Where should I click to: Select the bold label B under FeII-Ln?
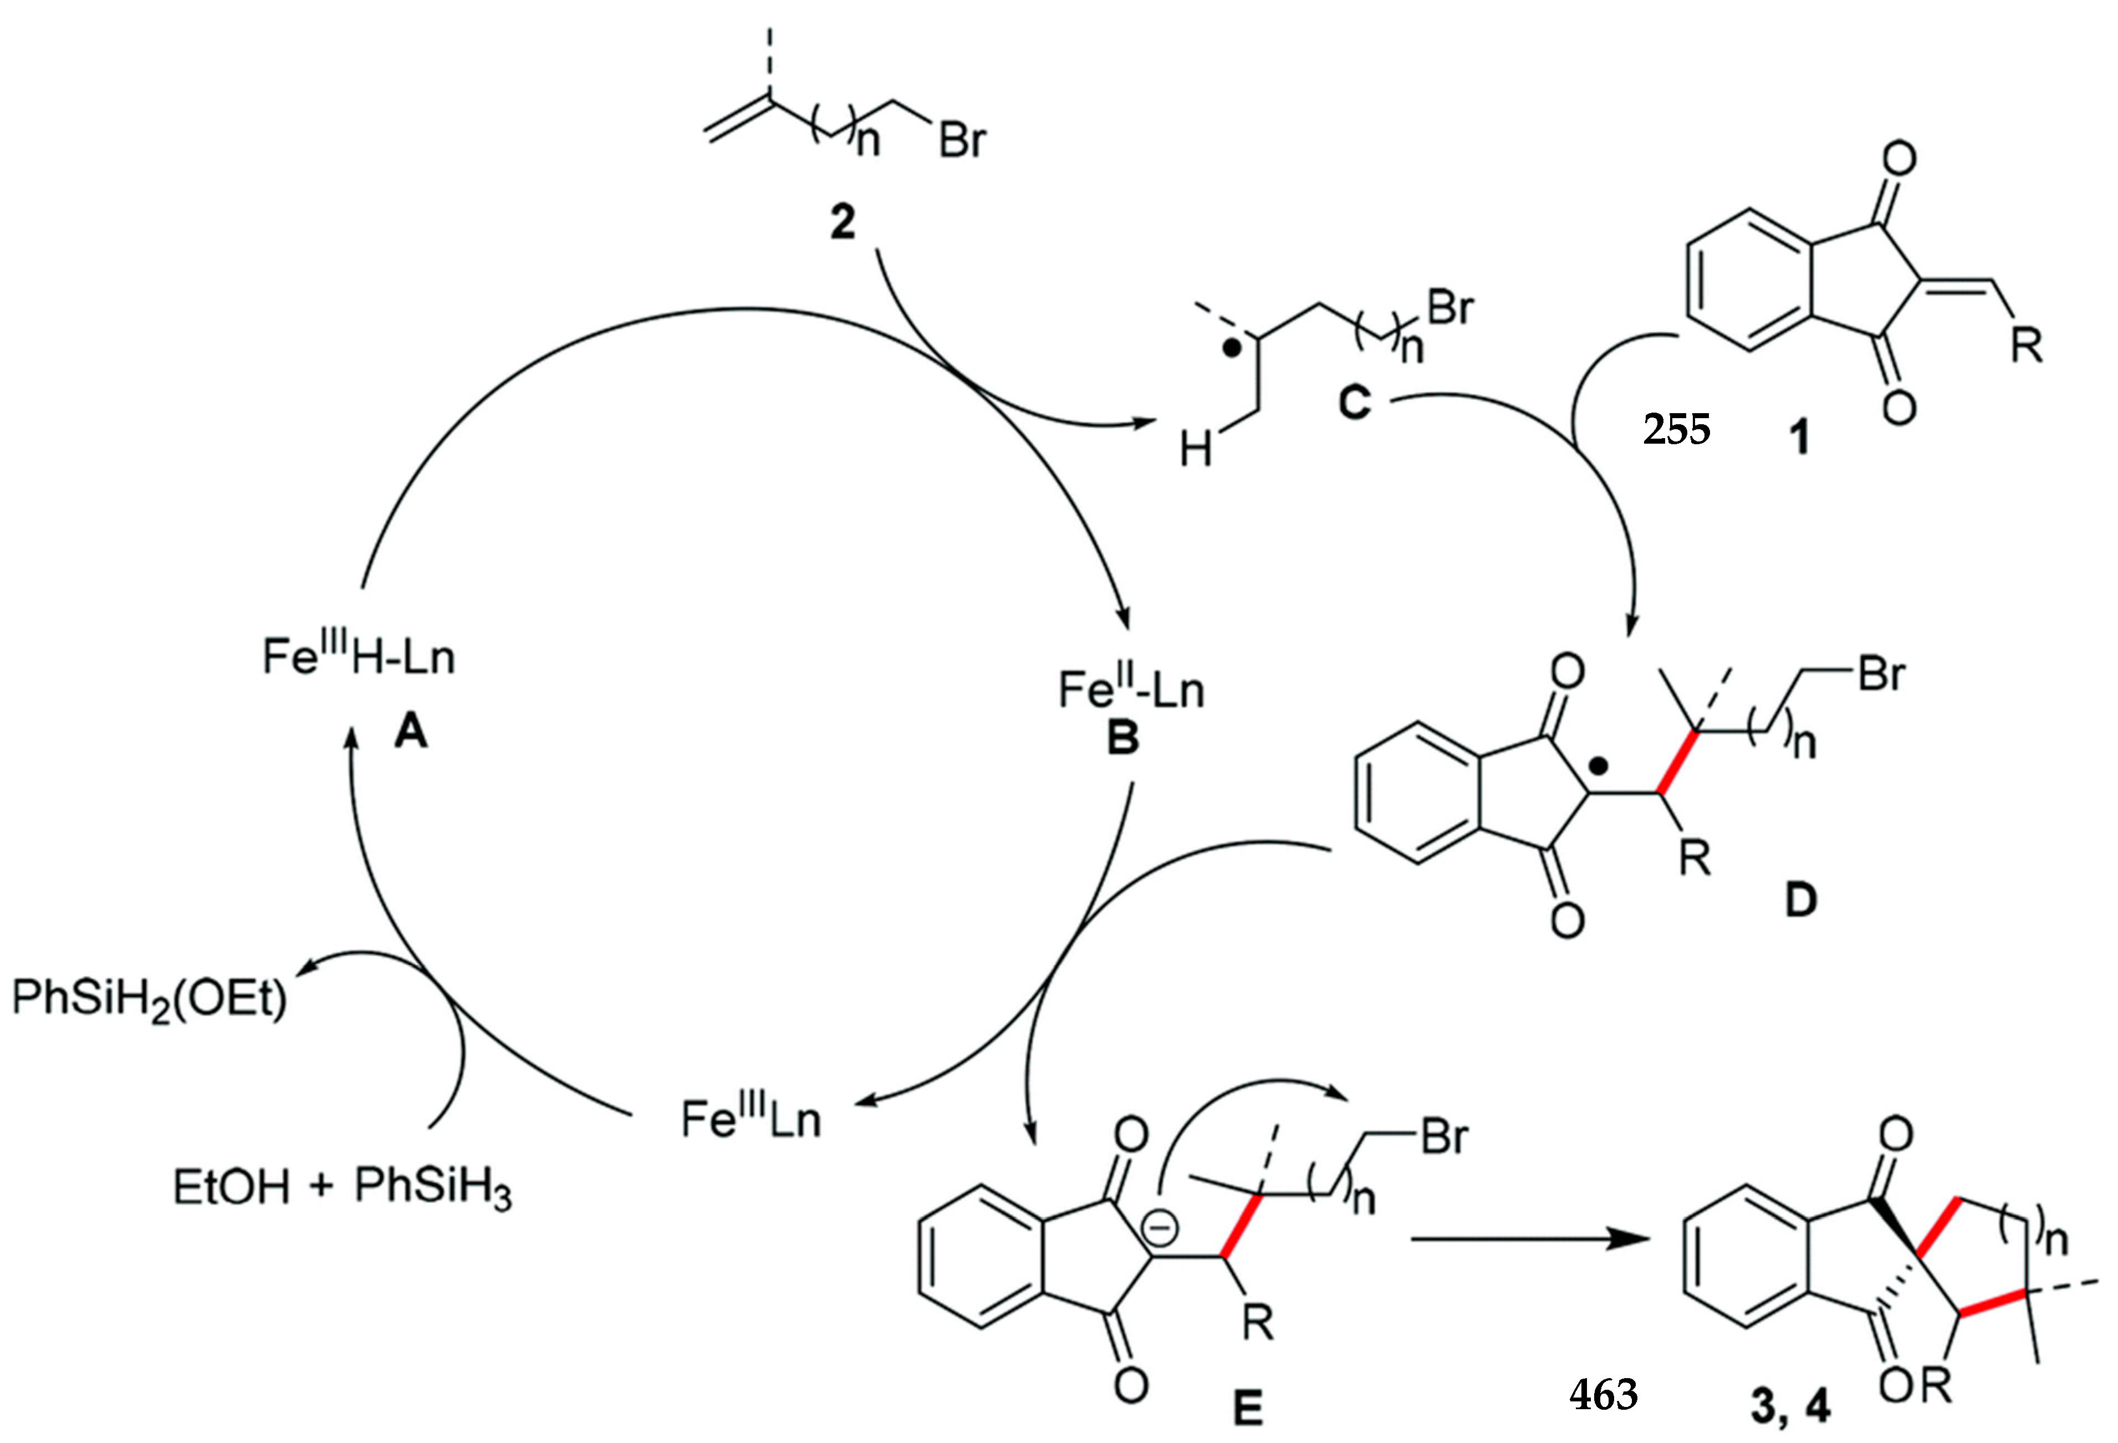point(1123,736)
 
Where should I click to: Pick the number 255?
point(1677,429)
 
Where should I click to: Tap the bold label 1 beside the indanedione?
point(1799,439)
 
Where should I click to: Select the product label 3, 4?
point(1791,1409)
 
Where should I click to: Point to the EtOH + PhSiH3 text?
point(342,1188)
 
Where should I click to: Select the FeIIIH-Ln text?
point(358,656)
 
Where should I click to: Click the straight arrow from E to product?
point(1531,1239)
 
